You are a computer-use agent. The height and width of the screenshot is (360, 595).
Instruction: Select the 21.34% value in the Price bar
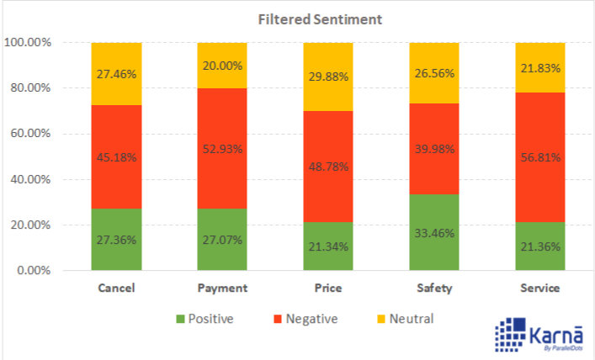pos(327,246)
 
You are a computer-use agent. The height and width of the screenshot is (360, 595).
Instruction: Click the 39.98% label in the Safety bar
pos(433,149)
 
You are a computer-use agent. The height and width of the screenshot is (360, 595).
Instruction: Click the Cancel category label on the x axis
pos(116,289)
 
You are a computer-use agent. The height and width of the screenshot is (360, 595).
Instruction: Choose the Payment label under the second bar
pos(222,289)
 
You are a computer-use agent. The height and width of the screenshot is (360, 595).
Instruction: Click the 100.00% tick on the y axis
pos(29,43)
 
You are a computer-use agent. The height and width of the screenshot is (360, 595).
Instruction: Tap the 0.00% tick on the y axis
pos(35,271)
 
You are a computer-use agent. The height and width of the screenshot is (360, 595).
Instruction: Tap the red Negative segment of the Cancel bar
pos(116,156)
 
